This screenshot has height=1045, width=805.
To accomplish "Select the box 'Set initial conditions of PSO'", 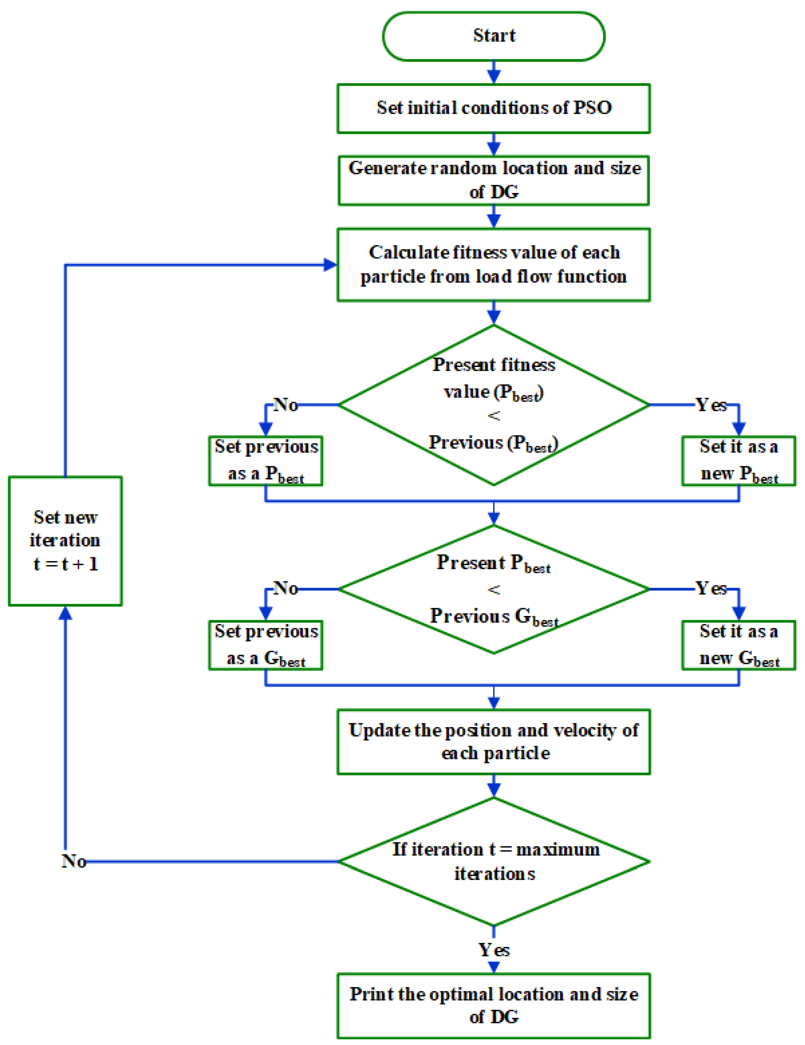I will coord(493,108).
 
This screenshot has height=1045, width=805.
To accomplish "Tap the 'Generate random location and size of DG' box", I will coord(493,180).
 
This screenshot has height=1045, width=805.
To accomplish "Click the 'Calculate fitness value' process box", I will coord(493,265).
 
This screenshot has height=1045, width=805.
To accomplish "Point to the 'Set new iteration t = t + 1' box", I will coord(65,541).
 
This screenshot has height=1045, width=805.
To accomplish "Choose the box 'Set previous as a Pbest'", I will coord(265,461).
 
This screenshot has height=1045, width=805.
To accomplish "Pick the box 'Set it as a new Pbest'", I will coord(738,461).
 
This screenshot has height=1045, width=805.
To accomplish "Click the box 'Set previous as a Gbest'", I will coord(265,645).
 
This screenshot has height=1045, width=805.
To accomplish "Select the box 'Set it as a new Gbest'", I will coord(738,645).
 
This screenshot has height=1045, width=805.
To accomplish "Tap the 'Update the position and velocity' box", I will coord(493,742).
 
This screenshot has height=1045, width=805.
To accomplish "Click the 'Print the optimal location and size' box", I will coord(493,1005).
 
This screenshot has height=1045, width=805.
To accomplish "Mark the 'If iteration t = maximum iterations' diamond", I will coord(493,861).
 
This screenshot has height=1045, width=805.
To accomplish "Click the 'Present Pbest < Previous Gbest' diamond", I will coord(493,589).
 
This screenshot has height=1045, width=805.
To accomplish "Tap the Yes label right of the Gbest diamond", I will coord(711,588).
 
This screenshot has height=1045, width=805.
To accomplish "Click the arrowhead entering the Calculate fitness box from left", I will coord(330,265).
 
